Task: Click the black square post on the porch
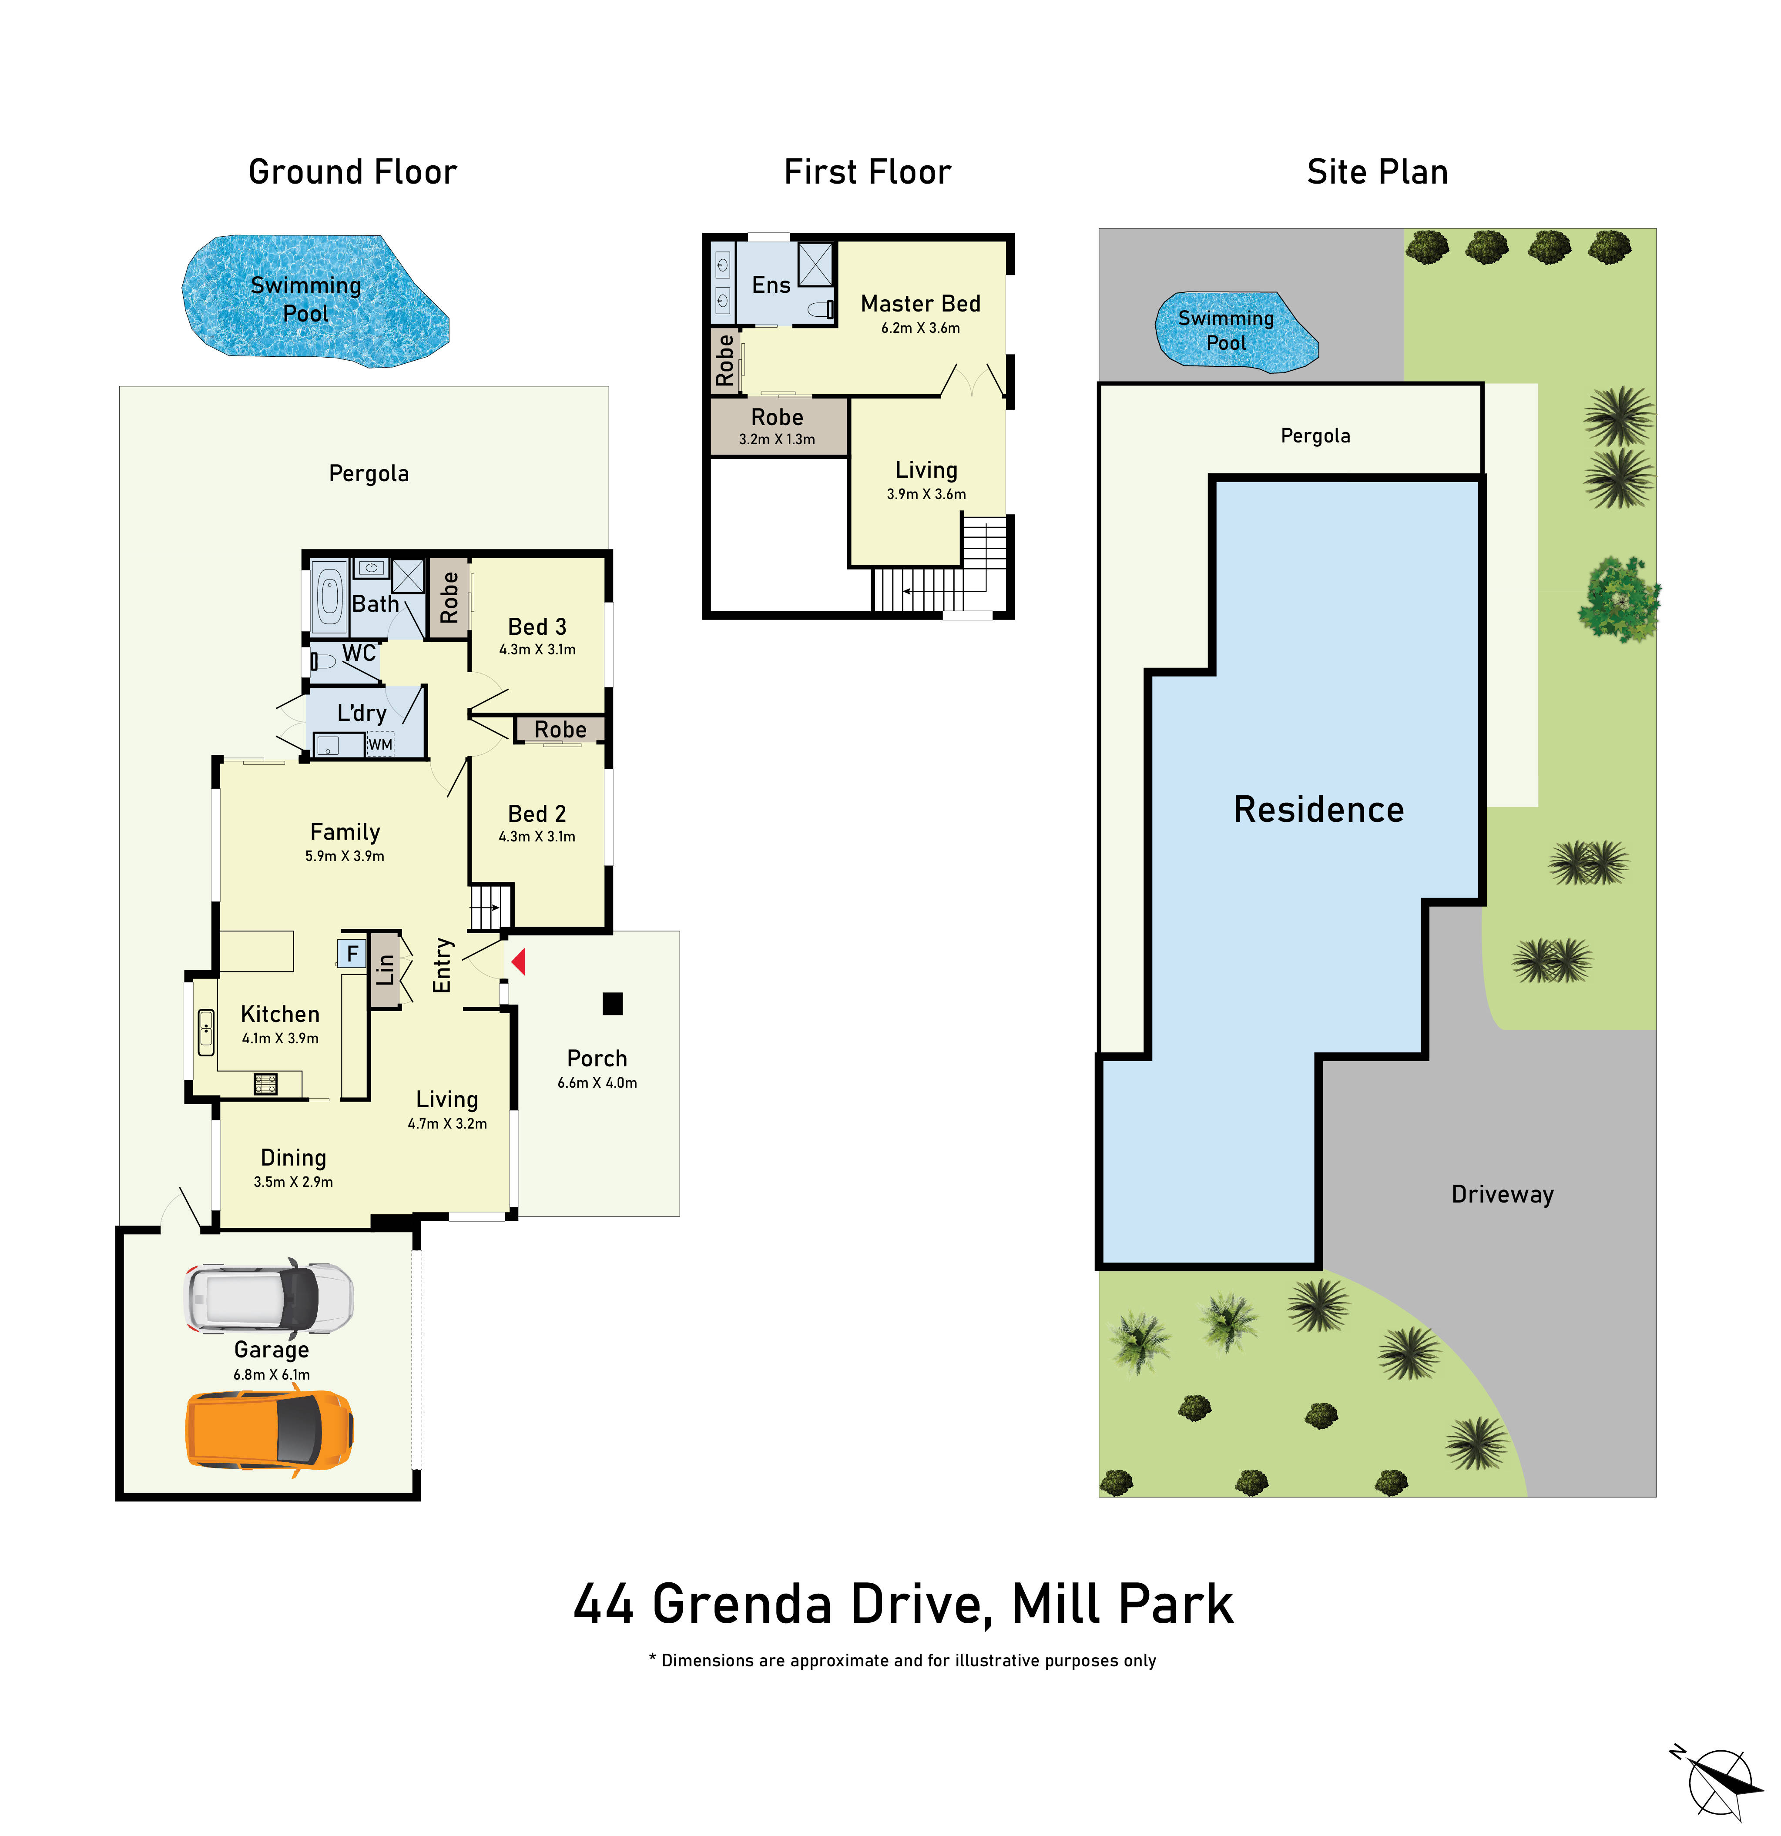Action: pyautogui.click(x=612, y=1003)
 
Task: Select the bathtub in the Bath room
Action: pyautogui.click(x=329, y=597)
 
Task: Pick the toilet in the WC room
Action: pyautogui.click(x=323, y=661)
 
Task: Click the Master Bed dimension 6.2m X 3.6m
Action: pyautogui.click(x=920, y=328)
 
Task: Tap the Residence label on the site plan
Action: pyautogui.click(x=1318, y=809)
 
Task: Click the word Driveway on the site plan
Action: pyautogui.click(x=1502, y=1194)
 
